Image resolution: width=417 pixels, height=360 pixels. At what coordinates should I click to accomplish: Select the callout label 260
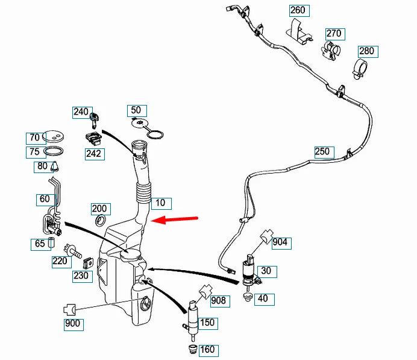(298, 10)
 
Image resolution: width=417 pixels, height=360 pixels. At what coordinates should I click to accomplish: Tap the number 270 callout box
(334, 34)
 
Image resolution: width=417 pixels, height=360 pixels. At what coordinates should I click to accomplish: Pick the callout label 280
(366, 51)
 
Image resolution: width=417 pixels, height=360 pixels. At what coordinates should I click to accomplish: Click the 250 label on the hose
(322, 151)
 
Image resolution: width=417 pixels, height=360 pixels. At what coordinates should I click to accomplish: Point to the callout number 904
(280, 243)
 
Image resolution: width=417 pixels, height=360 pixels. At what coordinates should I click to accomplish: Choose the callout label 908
(218, 299)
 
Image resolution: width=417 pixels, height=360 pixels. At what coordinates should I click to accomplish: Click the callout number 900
(72, 324)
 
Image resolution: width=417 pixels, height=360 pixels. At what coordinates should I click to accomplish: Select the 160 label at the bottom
(207, 350)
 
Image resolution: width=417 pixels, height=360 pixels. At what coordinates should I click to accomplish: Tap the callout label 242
(95, 154)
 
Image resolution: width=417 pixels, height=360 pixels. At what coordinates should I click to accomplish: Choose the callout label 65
(40, 244)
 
